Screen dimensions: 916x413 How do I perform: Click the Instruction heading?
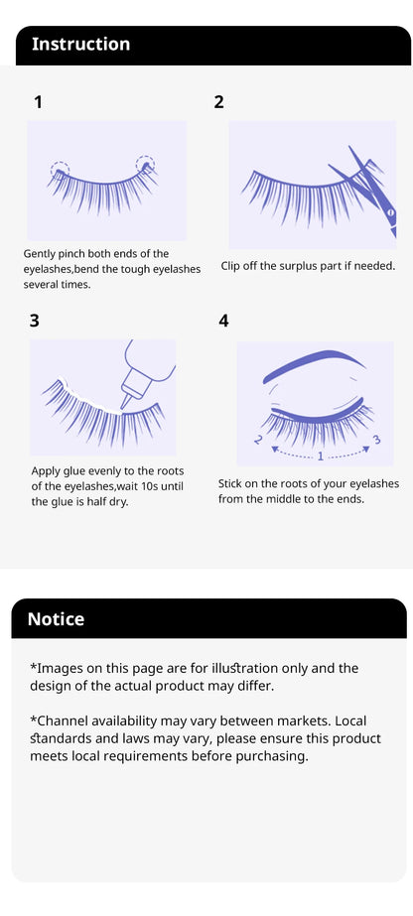[x=80, y=44]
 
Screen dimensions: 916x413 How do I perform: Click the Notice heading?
[x=56, y=618]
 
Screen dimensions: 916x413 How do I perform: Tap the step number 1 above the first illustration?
[x=38, y=101]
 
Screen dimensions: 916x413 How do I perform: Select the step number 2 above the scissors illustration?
[x=219, y=101]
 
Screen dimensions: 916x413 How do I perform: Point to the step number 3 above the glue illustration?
[x=35, y=320]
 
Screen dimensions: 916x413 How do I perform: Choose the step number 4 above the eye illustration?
[x=223, y=320]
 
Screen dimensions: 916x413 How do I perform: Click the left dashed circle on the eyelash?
[x=60, y=170]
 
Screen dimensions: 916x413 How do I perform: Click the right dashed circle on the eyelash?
[x=145, y=164]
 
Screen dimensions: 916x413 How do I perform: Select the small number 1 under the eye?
[x=320, y=456]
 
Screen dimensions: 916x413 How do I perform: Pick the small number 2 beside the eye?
[x=258, y=439]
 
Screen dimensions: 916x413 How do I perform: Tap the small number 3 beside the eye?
[x=375, y=438]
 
